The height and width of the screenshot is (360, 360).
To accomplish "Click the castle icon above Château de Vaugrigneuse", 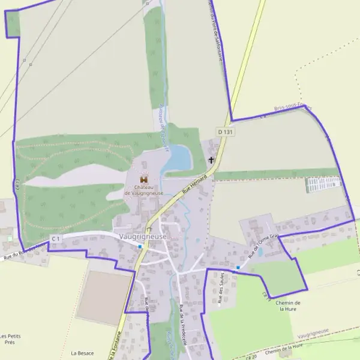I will point(144,179).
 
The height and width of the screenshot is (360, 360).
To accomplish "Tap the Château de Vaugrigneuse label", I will point(144,190).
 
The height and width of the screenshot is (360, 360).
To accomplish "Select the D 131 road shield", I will point(225,131).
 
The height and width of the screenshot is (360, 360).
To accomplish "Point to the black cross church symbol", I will point(211,160).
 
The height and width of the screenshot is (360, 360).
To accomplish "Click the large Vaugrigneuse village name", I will point(143,236).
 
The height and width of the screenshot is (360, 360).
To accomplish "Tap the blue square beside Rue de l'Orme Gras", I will point(238,267).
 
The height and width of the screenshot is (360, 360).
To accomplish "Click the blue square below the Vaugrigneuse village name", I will point(140,246).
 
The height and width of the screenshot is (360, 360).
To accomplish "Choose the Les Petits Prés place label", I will point(10,339).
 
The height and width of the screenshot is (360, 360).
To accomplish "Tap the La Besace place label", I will point(82,353).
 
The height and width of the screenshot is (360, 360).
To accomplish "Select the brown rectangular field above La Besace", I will point(103,298).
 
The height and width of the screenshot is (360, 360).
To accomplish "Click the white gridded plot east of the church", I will point(323,184).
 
